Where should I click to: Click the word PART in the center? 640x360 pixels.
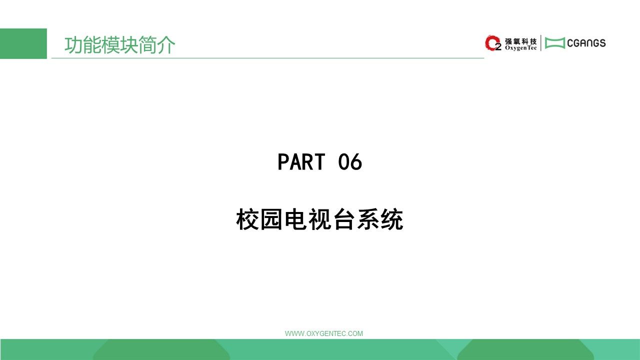(301, 161)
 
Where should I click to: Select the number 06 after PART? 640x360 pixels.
(350, 161)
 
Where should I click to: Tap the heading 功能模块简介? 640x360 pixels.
(119, 45)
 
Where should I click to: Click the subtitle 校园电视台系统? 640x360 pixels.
(319, 219)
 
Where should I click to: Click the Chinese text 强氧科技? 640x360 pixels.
(521, 41)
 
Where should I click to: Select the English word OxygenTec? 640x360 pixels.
(521, 48)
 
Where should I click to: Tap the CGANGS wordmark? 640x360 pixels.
(586, 43)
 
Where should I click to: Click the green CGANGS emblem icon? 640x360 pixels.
(555, 43)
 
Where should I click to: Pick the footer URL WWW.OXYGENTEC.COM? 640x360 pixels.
(324, 333)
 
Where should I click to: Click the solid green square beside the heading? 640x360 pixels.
(23, 43)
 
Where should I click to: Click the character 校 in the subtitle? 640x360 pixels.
(247, 219)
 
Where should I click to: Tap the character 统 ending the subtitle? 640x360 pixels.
(392, 219)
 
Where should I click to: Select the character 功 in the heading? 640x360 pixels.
(73, 45)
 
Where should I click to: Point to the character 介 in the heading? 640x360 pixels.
(166, 45)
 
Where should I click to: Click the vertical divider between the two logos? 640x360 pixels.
(541, 43)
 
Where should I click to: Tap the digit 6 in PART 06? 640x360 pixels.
(356, 161)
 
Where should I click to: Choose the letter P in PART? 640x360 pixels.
(283, 161)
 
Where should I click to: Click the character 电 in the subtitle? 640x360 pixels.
(295, 219)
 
